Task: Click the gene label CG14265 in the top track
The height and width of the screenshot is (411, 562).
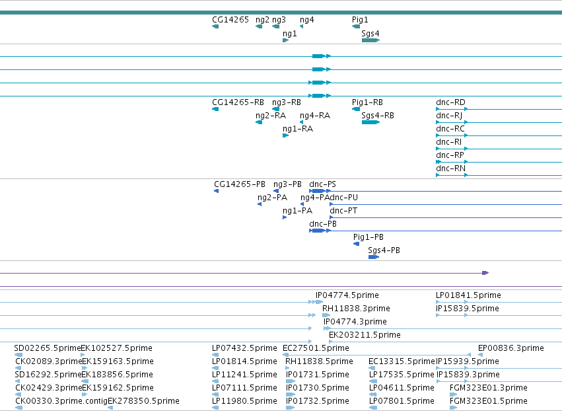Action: coord(230,20)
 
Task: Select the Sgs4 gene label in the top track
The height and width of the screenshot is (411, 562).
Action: coord(370,33)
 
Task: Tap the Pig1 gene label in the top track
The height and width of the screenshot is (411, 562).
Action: coord(360,20)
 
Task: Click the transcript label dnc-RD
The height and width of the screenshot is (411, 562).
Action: coord(450,102)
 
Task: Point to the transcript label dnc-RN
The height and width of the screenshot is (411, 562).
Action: coord(450,168)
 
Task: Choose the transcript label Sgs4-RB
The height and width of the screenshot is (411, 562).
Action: coord(378,116)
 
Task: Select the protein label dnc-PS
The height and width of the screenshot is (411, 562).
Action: coord(322,184)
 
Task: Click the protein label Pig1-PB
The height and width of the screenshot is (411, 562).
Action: coord(369,237)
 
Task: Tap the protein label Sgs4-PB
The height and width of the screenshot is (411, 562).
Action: coord(384,250)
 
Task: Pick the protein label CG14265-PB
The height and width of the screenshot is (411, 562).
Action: coord(240,184)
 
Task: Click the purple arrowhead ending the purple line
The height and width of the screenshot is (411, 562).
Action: coord(485,273)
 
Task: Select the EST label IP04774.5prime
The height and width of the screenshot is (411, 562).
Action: coord(347,295)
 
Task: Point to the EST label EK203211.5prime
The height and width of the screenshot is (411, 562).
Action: coord(365,335)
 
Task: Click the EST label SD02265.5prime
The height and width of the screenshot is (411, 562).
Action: coord(48,348)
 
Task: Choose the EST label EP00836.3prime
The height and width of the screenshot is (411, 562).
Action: coord(510,348)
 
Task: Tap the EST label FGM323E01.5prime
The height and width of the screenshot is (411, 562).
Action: coord(489,401)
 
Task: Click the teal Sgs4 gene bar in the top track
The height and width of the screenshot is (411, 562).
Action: coord(370,40)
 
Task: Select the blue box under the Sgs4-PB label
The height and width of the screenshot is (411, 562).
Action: coord(374,257)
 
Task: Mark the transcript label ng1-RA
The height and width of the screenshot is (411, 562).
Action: coord(298,129)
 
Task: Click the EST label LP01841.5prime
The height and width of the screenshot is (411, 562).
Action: coord(468,295)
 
